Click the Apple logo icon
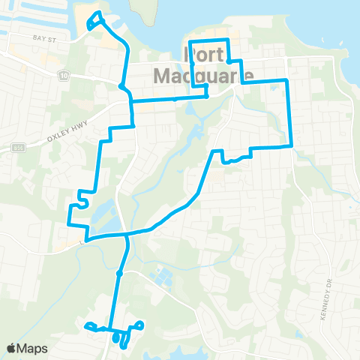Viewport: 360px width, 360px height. pyautogui.click(x=11, y=348)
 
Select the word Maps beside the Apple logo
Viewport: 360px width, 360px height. pyautogui.click(x=33, y=348)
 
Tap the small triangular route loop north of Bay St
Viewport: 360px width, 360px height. pyautogui.click(x=94, y=19)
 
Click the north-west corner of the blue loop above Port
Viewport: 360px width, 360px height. pyautogui.click(x=189, y=40)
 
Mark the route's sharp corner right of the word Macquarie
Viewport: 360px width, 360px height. pyautogui.click(x=286, y=79)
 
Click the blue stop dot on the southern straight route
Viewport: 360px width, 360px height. pyautogui.click(x=119, y=272)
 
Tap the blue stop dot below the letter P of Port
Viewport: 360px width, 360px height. pyautogui.click(x=205, y=96)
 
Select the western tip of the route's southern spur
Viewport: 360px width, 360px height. pyautogui.click(x=88, y=325)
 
